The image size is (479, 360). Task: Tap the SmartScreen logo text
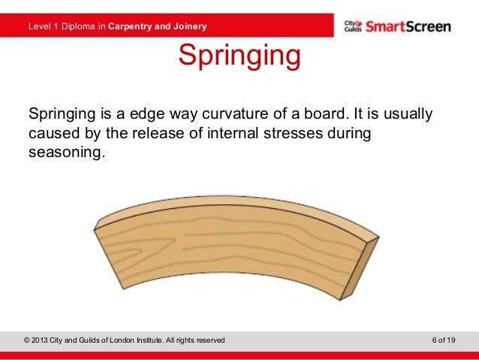tap(408, 27)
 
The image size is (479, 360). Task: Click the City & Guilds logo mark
tap(352, 27)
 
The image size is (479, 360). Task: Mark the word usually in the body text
tap(408, 115)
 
